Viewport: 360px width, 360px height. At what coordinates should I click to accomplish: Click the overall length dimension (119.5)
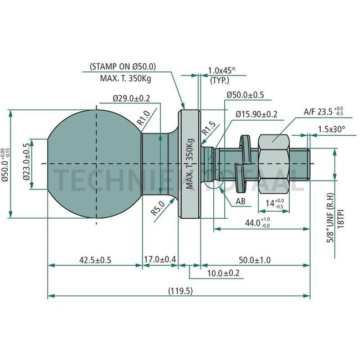(x=180, y=291)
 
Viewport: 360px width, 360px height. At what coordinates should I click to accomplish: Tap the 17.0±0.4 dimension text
(x=161, y=259)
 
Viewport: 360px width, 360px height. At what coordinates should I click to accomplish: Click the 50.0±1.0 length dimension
(x=255, y=259)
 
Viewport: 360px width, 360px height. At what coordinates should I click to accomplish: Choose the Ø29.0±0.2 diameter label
(x=131, y=98)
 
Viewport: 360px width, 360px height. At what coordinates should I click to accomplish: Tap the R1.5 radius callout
(x=209, y=131)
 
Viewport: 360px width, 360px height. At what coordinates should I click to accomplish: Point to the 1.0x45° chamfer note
(x=222, y=70)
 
